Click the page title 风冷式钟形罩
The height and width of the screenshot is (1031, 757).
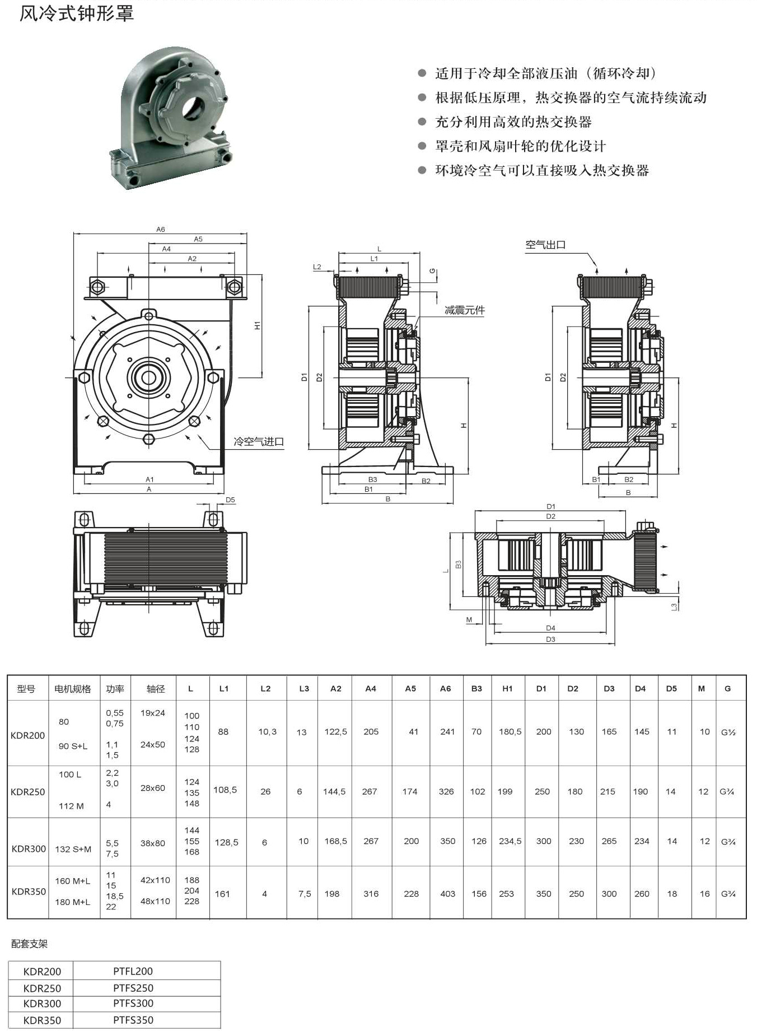tap(77, 13)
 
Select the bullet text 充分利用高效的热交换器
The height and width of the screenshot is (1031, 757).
tap(513, 122)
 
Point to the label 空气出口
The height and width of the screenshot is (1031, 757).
tap(545, 245)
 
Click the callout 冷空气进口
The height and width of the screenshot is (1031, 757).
tap(259, 442)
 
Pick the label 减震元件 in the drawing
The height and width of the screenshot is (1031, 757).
tap(465, 310)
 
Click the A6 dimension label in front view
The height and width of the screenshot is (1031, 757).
tap(161, 230)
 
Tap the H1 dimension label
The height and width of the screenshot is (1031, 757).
tap(258, 325)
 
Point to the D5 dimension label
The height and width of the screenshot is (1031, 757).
tap(230, 500)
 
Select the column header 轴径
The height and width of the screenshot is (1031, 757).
tap(155, 689)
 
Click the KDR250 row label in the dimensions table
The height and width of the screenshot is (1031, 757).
tap(27, 792)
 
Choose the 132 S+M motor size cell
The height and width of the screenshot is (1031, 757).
tap(73, 849)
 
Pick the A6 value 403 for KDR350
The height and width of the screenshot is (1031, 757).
tap(447, 894)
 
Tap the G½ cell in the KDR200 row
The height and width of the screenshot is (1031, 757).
tap(728, 732)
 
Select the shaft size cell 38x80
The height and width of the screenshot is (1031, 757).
tap(153, 843)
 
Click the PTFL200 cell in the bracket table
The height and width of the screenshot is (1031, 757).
tap(133, 971)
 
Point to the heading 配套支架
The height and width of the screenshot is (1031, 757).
tap(29, 944)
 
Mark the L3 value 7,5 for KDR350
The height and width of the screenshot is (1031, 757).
tap(304, 894)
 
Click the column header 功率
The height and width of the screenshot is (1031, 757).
tap(115, 689)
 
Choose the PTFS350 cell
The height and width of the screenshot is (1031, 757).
tap(133, 1020)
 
